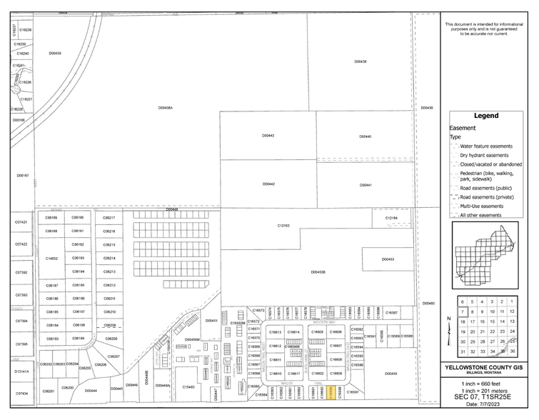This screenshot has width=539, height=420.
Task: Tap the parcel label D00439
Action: (x=55, y=53)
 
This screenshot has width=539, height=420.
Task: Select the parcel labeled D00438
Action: (x=361, y=61)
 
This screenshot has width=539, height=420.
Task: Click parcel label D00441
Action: (x=365, y=185)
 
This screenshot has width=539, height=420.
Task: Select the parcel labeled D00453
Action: (x=388, y=259)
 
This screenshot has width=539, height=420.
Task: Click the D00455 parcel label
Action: (x=391, y=374)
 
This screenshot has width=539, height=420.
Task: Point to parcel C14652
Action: (x=51, y=258)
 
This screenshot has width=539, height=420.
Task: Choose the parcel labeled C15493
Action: (x=188, y=387)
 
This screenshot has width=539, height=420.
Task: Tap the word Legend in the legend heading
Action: (x=485, y=116)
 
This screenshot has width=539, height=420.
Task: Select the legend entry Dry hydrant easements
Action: (x=484, y=155)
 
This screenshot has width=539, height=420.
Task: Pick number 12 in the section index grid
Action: (x=512, y=311)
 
